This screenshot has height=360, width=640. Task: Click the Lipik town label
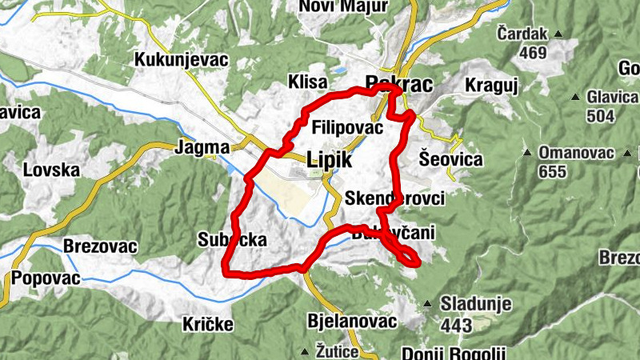(329, 159)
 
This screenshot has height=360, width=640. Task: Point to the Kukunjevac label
(182, 60)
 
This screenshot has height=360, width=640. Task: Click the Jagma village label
(202, 147)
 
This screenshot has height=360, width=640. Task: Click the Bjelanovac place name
(352, 321)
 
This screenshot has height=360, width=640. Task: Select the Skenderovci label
(397, 198)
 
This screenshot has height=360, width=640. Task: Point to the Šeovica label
(451, 159)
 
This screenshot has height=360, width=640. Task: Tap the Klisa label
(308, 82)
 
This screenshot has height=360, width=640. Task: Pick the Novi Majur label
(342, 6)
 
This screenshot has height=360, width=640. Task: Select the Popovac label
(46, 278)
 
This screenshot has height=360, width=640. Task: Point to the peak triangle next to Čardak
(558, 34)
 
